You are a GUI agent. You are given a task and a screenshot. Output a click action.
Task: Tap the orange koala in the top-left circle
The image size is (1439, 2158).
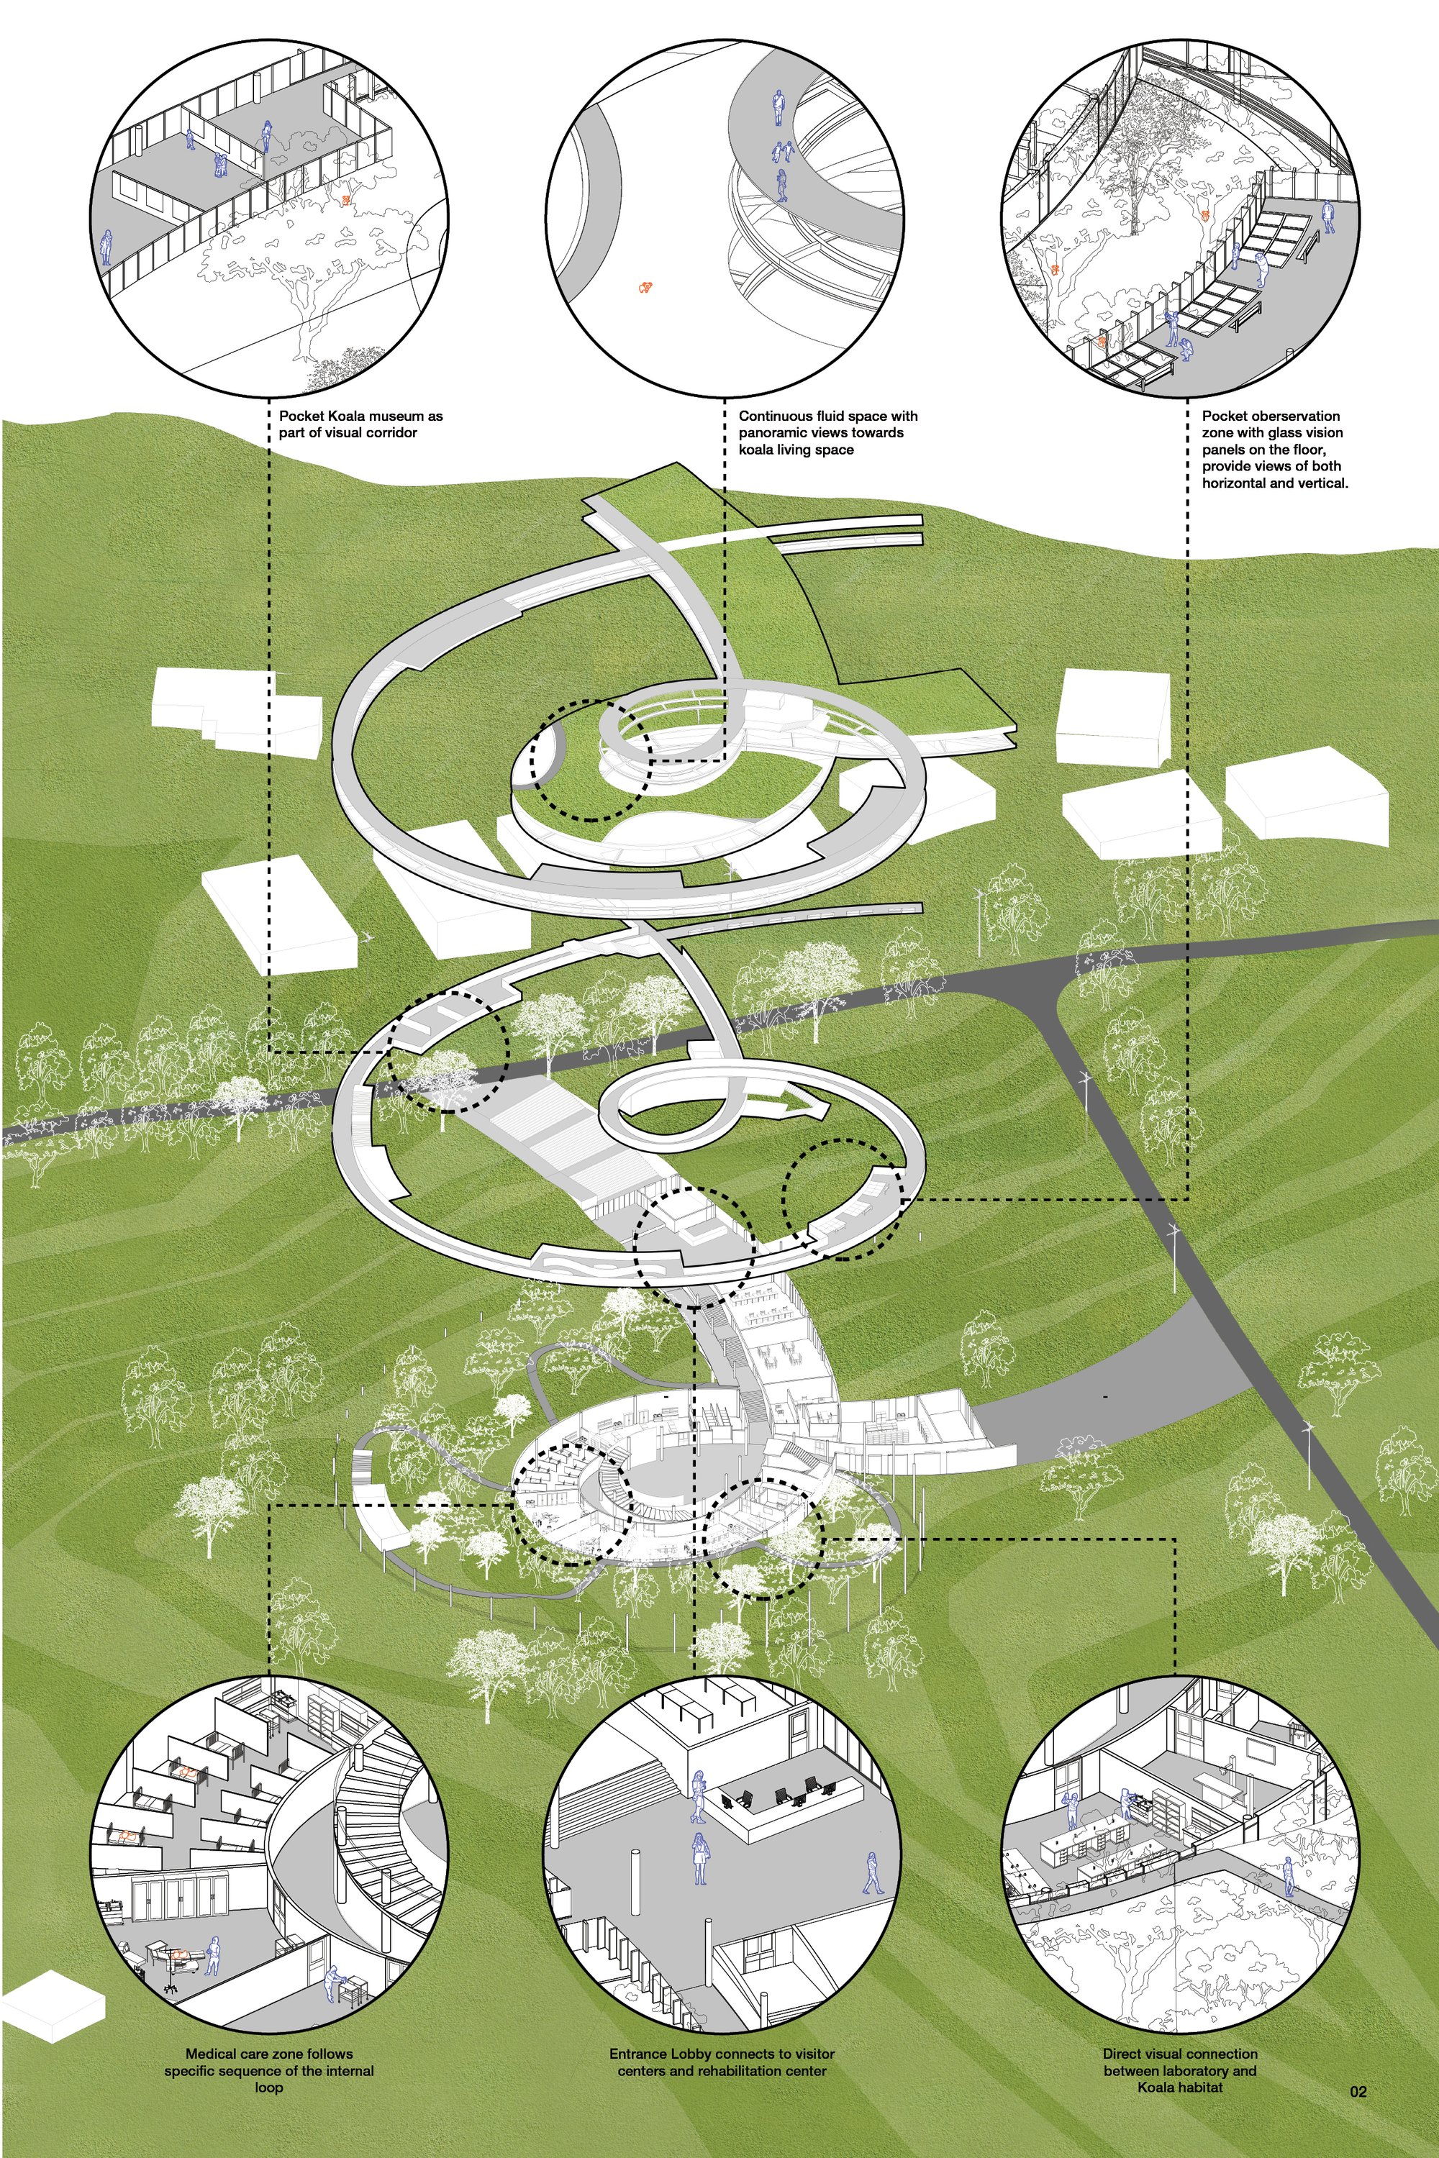point(347,199)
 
